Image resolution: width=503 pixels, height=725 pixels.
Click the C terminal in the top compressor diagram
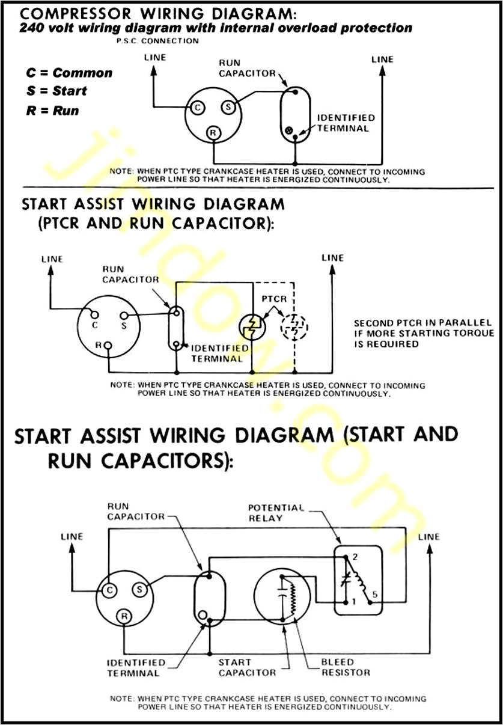197,108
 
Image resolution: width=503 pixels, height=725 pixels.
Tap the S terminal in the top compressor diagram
228,108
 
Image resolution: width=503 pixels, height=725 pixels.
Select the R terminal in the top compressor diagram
213,132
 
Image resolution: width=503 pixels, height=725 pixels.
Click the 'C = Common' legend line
69,73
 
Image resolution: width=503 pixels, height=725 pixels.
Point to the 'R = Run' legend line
52,111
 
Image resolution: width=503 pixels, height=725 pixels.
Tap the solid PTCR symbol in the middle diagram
251,327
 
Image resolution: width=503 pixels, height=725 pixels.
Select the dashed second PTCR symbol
294,327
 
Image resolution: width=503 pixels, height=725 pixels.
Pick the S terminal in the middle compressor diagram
123,316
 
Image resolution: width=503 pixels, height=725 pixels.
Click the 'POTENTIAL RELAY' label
276,513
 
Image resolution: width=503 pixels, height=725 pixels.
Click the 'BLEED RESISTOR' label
346,667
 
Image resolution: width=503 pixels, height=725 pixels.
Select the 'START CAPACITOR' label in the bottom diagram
247,667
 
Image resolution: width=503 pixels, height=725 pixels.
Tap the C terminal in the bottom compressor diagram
109,590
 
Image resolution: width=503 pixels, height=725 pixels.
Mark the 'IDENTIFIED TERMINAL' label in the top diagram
346,123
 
